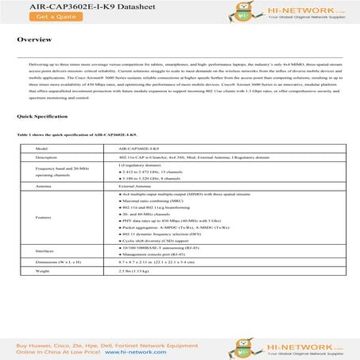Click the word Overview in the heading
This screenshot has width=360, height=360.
[x=35, y=39]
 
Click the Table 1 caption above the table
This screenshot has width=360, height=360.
[x=71, y=135]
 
